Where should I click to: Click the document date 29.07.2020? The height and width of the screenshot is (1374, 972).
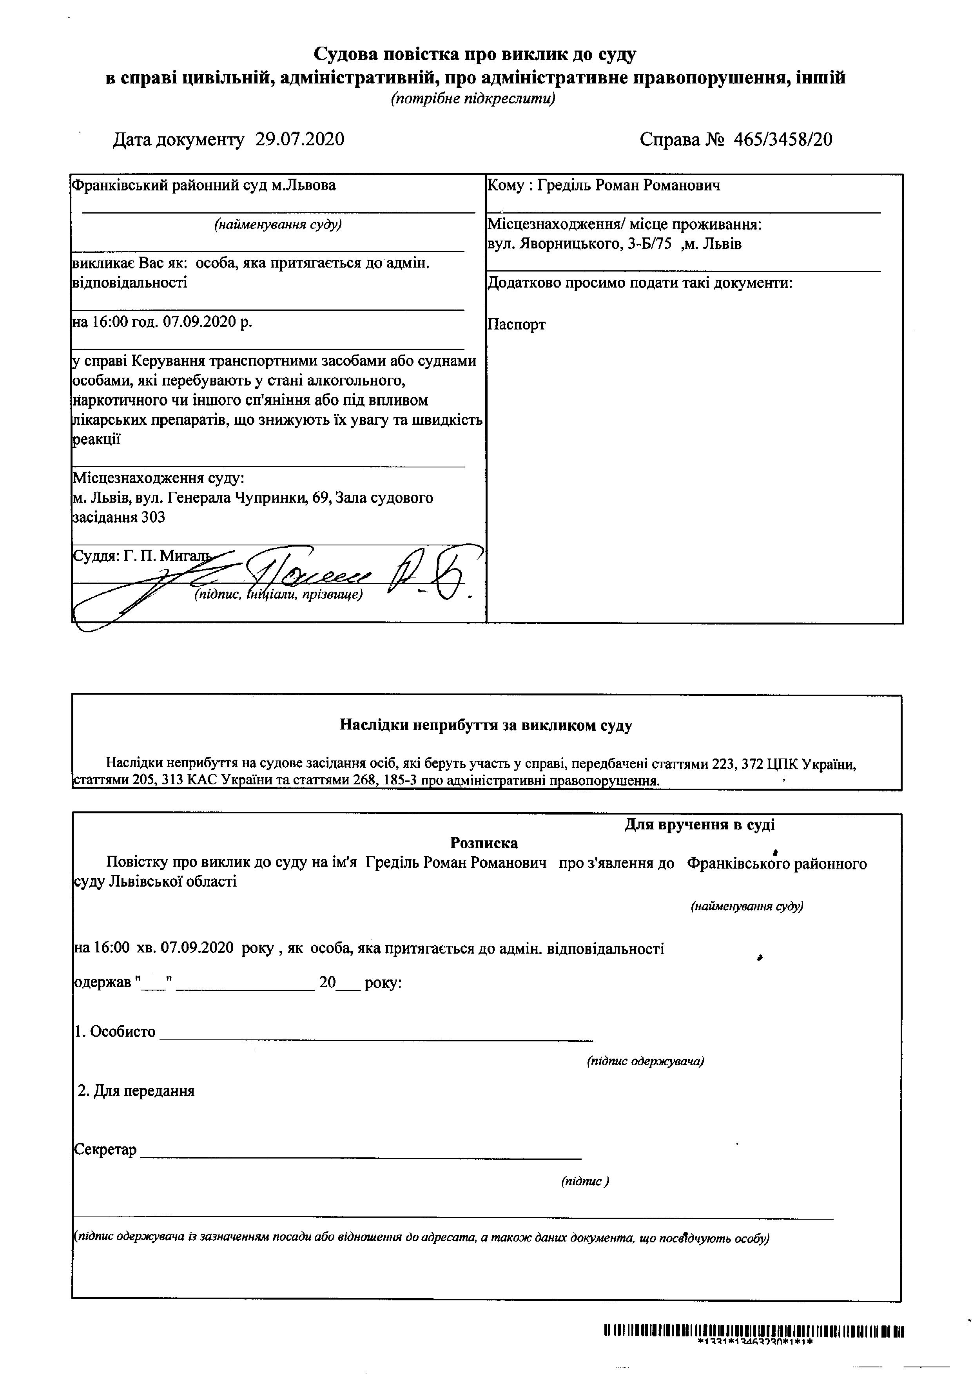point(300,139)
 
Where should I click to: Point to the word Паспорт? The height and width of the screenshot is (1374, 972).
point(517,325)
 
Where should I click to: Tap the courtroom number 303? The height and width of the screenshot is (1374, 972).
point(153,517)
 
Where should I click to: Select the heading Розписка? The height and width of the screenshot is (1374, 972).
point(484,843)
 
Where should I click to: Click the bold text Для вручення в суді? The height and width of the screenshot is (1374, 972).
point(699,825)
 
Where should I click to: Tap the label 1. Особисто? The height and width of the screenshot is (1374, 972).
point(115,1031)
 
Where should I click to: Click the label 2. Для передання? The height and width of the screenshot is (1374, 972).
point(136,1090)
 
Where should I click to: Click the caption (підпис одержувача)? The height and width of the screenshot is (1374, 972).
point(645,1061)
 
